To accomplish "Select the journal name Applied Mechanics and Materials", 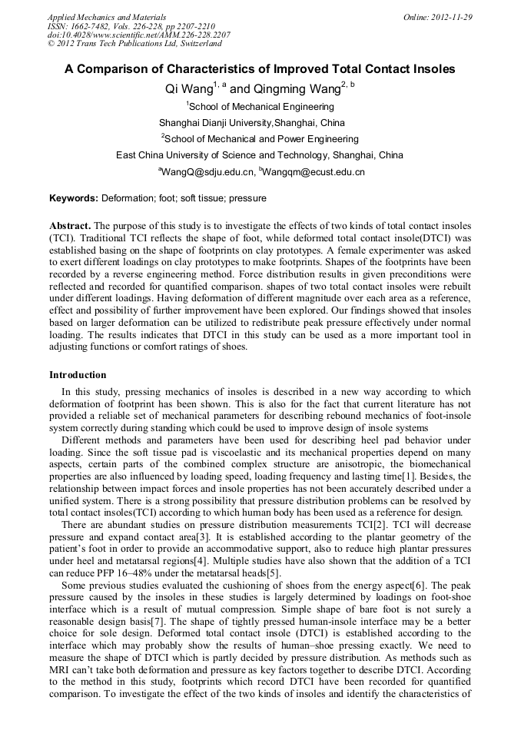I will (x=107, y=17).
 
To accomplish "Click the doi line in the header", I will (x=138, y=35).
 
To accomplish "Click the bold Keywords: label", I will (x=74, y=198).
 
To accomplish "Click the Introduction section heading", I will (x=78, y=375).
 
